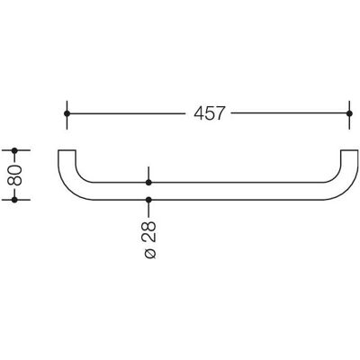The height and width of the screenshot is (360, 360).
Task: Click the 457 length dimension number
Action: coord(209,113)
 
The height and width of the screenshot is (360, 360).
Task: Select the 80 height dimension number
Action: coord(14,175)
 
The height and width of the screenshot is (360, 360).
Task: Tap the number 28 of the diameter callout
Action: coord(148,231)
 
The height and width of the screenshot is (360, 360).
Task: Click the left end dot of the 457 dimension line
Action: coord(67,113)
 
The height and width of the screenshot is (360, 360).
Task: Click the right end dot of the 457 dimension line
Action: coord(349,113)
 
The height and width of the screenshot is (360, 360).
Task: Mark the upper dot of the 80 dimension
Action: coord(14,150)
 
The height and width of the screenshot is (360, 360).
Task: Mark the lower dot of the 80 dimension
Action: coord(14,200)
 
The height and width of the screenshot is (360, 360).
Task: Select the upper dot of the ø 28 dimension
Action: coord(148,183)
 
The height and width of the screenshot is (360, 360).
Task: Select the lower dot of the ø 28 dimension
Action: coord(148,200)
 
